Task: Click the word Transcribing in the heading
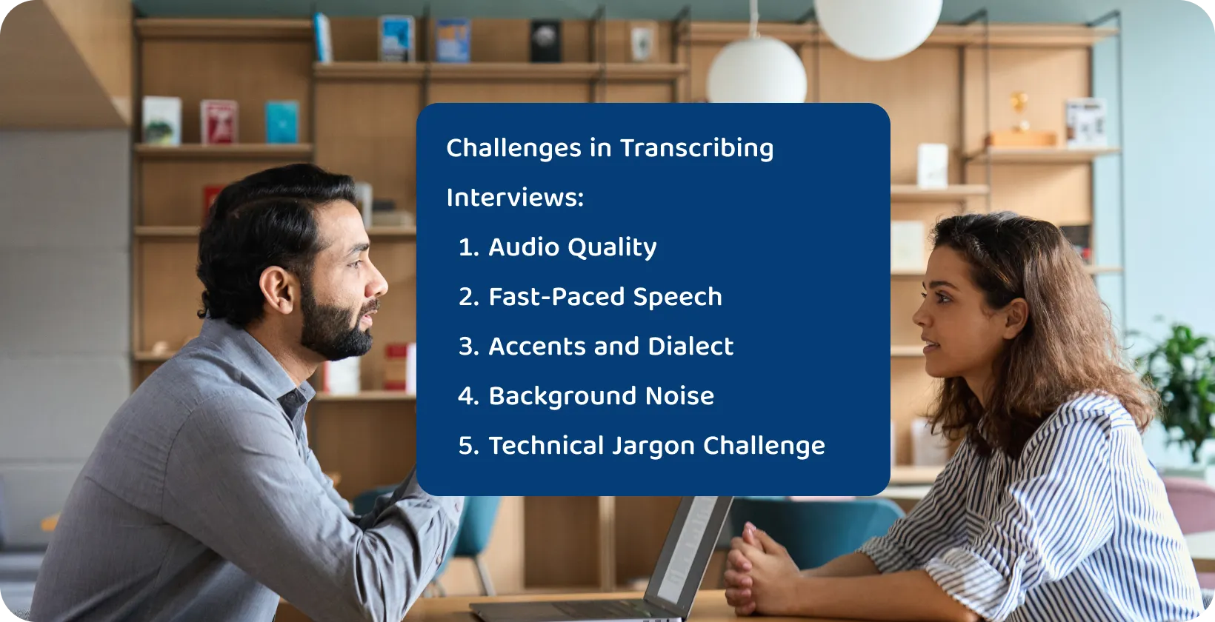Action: pyautogui.click(x=696, y=149)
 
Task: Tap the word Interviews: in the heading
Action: pyautogui.click(x=516, y=198)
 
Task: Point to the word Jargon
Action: pyautogui.click(x=653, y=447)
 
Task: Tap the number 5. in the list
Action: pyautogui.click(x=469, y=446)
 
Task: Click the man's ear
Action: pyautogui.click(x=278, y=290)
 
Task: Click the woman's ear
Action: pyautogui.click(x=1015, y=319)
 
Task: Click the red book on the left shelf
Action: pyautogui.click(x=219, y=122)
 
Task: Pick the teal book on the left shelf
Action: pyautogui.click(x=282, y=122)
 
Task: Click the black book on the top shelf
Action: pyautogui.click(x=545, y=41)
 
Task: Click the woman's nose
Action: pyautogui.click(x=918, y=315)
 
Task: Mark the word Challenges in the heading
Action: pyautogui.click(x=513, y=149)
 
